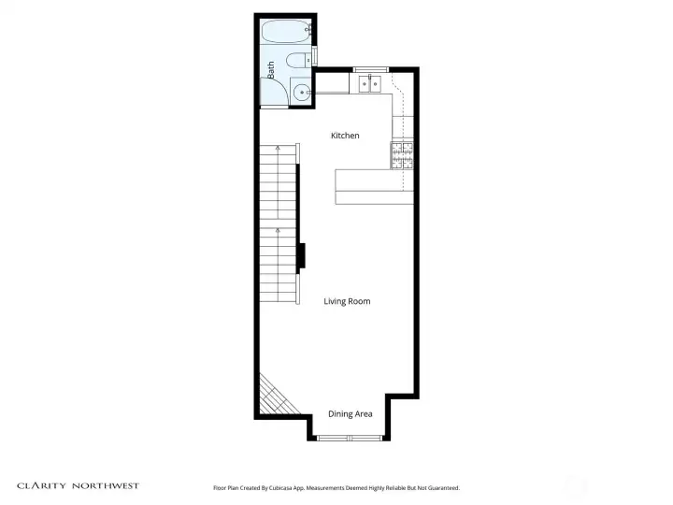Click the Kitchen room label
coord(345,136)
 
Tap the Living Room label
coord(347,301)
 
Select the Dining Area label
coord(350,413)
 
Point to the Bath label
coord(271,69)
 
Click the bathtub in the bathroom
coord(286,34)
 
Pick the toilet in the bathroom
coord(297,63)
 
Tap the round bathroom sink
coord(301,92)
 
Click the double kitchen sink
coord(370,84)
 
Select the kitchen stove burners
coord(402,155)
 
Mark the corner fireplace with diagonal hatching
coord(275,397)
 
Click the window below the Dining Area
coord(349,438)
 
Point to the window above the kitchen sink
coord(370,68)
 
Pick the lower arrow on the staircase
coord(278,229)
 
